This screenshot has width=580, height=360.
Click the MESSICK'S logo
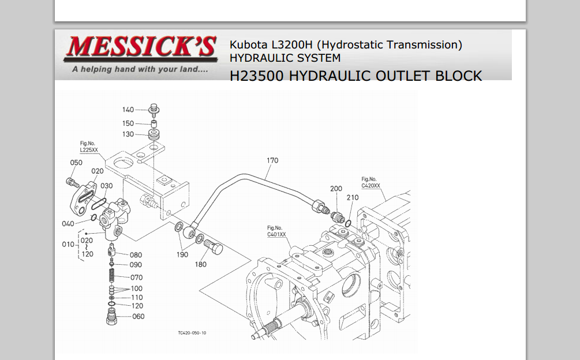click(140, 54)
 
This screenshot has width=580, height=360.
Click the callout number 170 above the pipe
click(272, 160)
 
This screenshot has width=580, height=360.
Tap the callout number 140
click(128, 110)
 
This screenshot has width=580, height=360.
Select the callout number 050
click(76, 163)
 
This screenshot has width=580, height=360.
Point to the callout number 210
click(353, 198)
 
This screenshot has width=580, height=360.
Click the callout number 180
click(200, 264)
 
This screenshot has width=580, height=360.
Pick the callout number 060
click(139, 316)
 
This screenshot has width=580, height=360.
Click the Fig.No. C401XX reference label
click(276, 231)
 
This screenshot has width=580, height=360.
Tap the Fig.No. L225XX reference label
click(89, 147)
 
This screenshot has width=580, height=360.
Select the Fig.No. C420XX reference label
click(371, 182)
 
